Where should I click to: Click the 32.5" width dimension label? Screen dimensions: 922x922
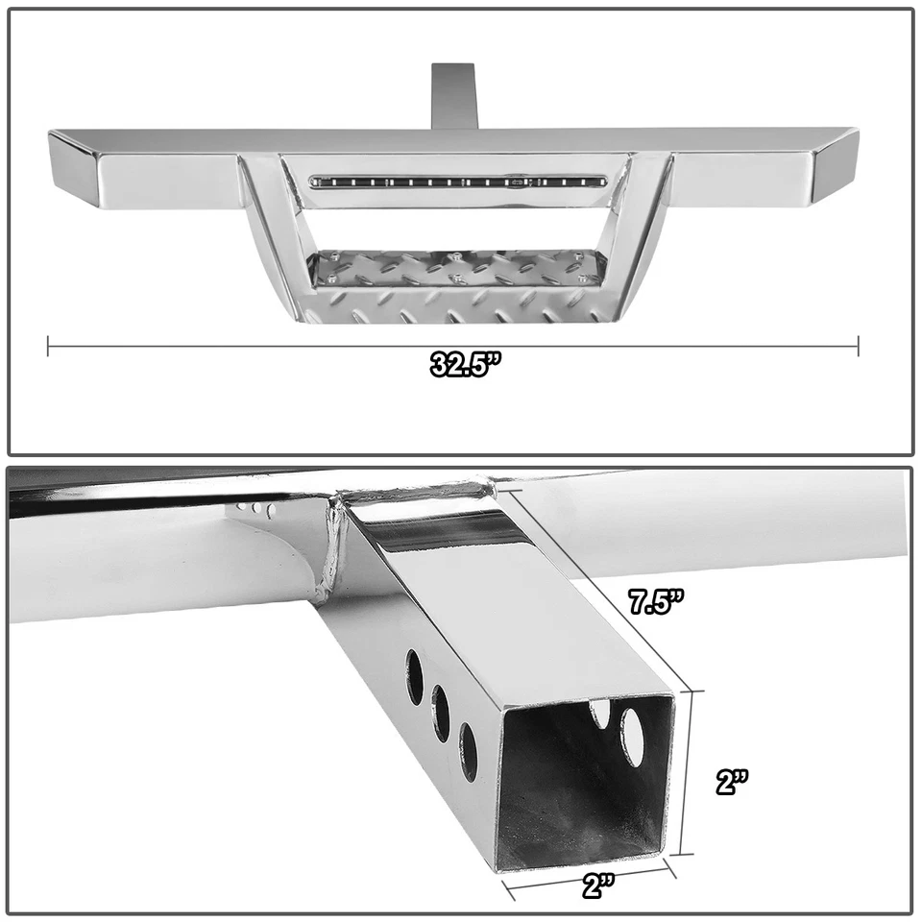(466, 367)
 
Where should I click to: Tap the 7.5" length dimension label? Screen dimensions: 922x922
(656, 603)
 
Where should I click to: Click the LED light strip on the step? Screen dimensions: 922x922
(457, 180)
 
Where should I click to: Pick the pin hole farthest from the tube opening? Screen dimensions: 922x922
(414, 672)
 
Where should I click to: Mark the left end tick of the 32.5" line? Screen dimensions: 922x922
(48, 346)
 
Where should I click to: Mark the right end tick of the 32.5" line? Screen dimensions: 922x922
(858, 346)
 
